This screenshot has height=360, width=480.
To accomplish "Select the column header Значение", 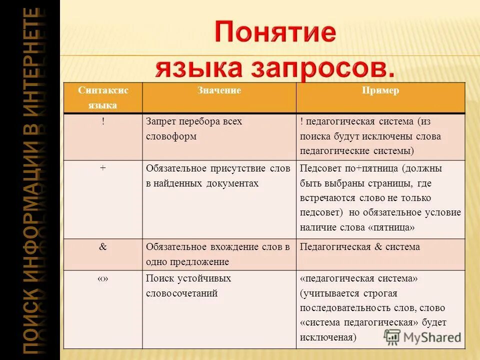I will (219, 90).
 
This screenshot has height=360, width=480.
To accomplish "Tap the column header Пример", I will (380, 90).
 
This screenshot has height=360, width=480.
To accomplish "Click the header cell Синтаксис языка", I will (103, 97).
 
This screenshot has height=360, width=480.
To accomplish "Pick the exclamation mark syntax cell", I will (103, 121).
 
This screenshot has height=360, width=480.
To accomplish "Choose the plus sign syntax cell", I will (103, 168).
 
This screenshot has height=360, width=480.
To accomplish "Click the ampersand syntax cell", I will (103, 246).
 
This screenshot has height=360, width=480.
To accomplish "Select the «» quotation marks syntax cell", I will (103, 278).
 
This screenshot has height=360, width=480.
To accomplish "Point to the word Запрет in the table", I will (161, 121).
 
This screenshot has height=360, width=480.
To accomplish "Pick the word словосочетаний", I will (181, 293).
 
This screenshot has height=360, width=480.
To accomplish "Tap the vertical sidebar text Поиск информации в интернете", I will (30, 180).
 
